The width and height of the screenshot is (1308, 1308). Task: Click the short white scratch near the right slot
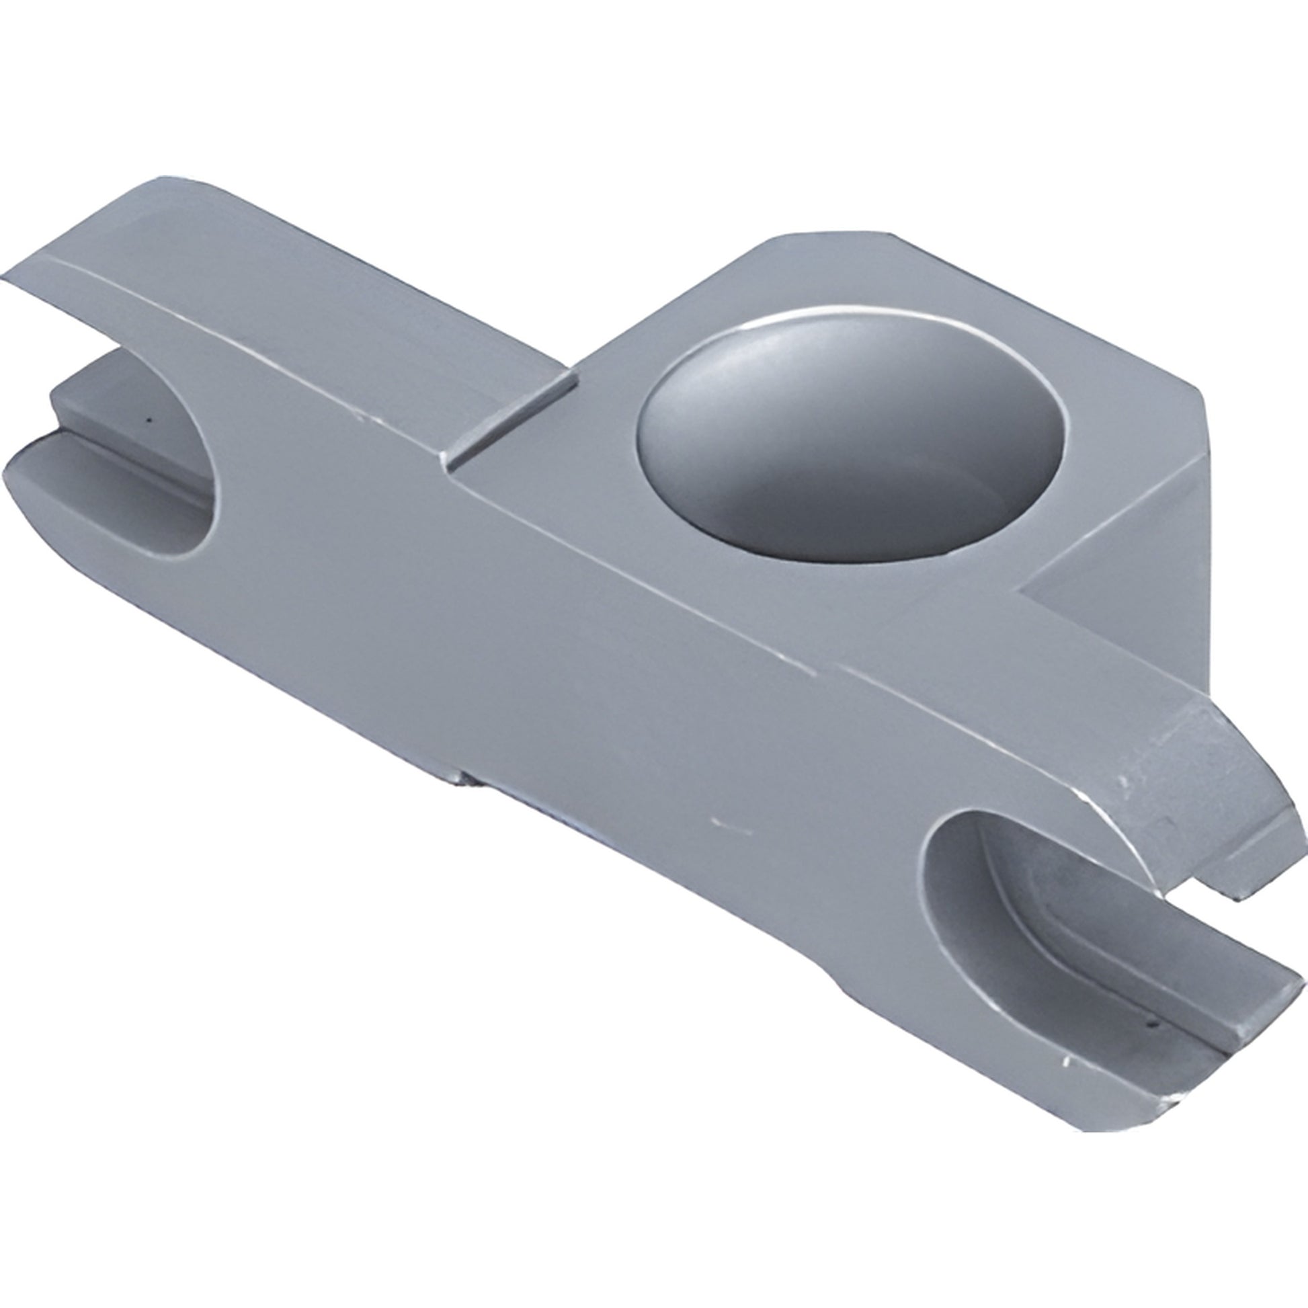pos(731,827)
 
